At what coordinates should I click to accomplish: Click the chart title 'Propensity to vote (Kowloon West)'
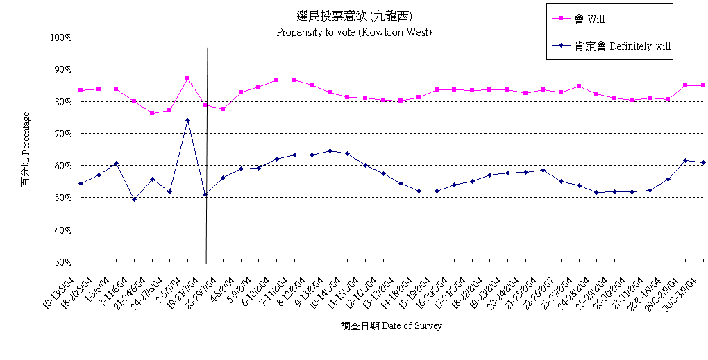pos(354,32)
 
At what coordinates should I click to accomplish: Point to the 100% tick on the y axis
pos(61,37)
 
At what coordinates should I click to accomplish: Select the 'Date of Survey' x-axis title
pos(391,325)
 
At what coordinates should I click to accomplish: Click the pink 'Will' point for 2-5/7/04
pos(187,78)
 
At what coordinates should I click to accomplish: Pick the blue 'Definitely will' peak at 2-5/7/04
pos(187,121)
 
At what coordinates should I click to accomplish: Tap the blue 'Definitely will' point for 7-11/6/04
pos(134,199)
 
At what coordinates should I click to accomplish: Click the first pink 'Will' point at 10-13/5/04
pos(81,90)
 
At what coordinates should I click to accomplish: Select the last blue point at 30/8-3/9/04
pos(703,162)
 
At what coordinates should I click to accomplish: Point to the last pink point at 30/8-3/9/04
pos(703,85)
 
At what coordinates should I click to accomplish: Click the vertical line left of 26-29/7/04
pos(207,153)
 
